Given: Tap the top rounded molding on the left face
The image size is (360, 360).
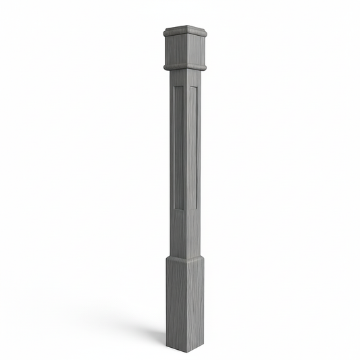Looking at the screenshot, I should [x=174, y=34].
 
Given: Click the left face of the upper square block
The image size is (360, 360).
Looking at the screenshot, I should [x=174, y=49].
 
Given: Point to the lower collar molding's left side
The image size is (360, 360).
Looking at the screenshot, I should [x=175, y=66].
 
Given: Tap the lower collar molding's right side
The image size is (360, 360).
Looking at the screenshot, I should [x=197, y=66].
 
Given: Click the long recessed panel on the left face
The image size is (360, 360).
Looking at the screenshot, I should [x=178, y=145].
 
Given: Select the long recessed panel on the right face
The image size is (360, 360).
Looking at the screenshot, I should [x=192, y=145].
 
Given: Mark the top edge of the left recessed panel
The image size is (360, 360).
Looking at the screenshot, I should [x=178, y=88].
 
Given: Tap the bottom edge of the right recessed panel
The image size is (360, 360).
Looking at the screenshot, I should [x=192, y=205].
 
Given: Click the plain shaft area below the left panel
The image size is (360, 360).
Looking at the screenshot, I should [x=178, y=230].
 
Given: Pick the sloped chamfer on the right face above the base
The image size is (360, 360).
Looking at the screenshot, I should [x=195, y=257].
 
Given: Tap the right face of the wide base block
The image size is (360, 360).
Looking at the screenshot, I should [x=195, y=297].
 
